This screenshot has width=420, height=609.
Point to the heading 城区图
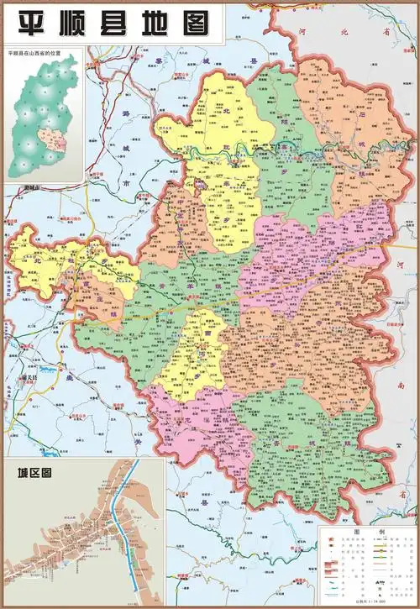[x=29, y=473]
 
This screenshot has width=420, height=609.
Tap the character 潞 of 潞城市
[x=125, y=113]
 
